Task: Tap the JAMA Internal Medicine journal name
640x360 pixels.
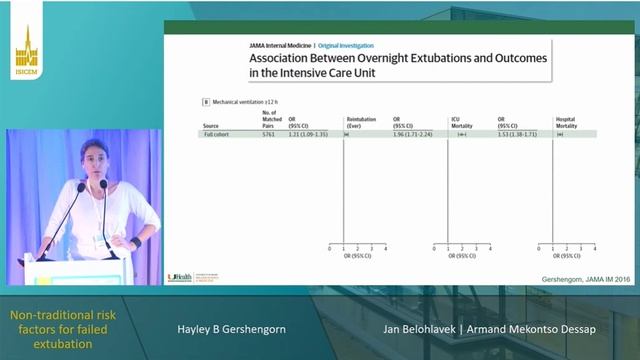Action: coord(280,45)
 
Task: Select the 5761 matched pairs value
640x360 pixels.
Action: coord(267,133)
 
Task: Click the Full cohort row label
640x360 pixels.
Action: coord(215,133)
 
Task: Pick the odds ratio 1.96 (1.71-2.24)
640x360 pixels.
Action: coord(412,133)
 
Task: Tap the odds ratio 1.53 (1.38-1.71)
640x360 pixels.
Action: coord(518,133)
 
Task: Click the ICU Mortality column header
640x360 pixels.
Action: coord(461,122)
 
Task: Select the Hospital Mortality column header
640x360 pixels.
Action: coord(565,122)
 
